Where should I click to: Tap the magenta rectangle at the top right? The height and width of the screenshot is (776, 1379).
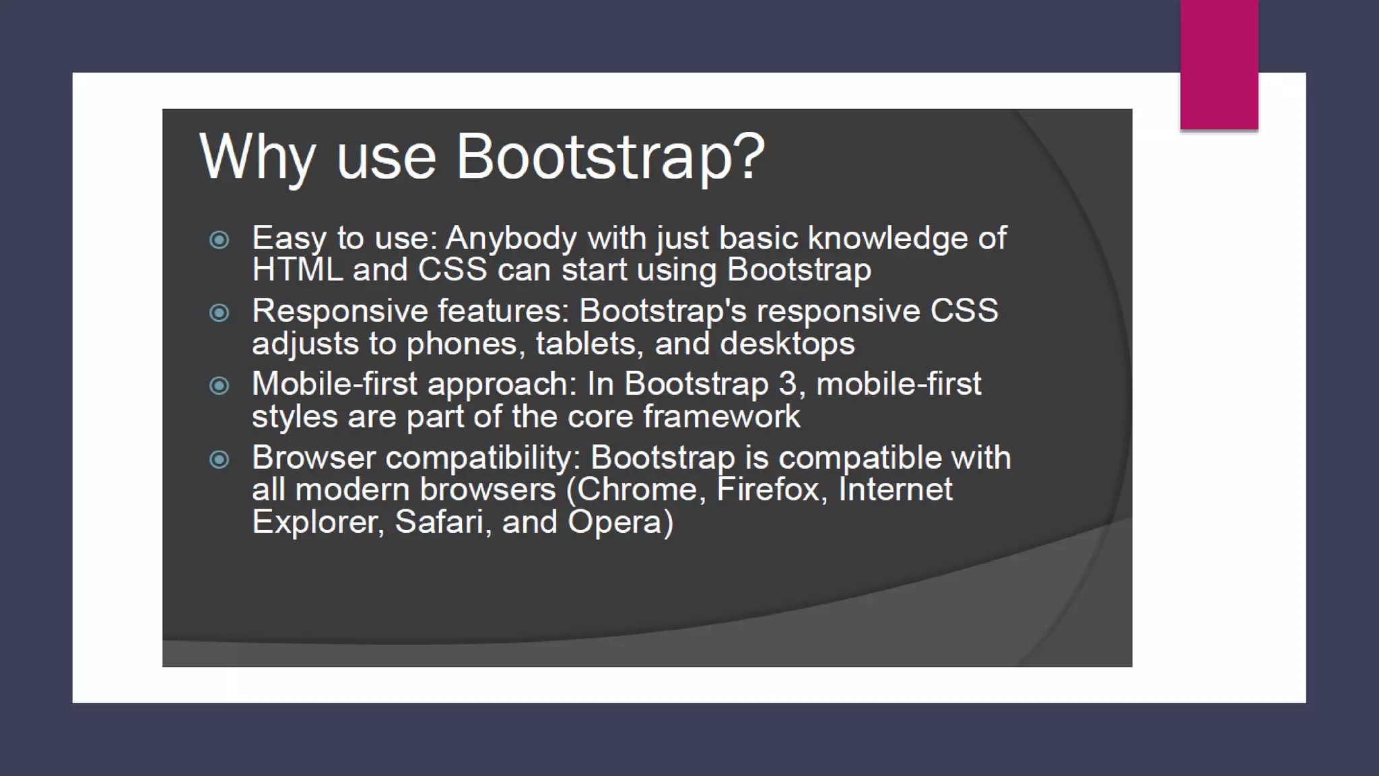tap(1219, 64)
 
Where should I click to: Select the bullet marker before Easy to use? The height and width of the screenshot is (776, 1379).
tap(219, 240)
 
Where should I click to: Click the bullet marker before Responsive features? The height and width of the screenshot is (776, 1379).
tap(219, 313)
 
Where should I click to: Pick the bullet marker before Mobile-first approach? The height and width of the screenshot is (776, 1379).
tap(219, 385)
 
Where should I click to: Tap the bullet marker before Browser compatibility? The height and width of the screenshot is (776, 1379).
tap(219, 459)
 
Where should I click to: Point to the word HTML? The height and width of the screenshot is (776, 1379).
tap(297, 270)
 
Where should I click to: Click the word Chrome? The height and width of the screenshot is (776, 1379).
tap(640, 490)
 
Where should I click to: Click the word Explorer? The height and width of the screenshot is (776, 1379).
tap(317, 522)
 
